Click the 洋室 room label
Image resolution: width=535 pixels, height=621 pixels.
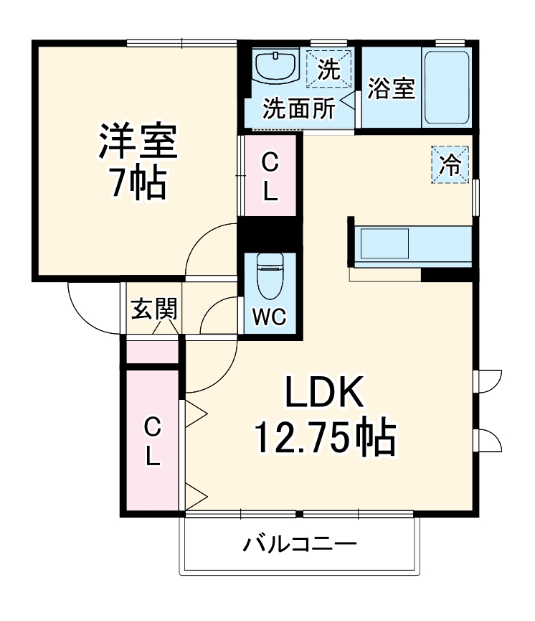coord(137,141)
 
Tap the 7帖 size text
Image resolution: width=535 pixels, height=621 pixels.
coord(137,185)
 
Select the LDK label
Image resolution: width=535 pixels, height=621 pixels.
coord(326,393)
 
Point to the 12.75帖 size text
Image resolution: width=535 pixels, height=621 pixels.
coord(326,436)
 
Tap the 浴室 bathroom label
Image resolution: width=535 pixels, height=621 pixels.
coord(392,88)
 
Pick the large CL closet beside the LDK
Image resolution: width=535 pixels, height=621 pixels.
coord(152,441)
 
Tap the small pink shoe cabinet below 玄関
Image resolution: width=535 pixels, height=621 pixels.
coord(152,352)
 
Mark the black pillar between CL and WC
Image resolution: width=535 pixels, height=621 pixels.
coord(270,233)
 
